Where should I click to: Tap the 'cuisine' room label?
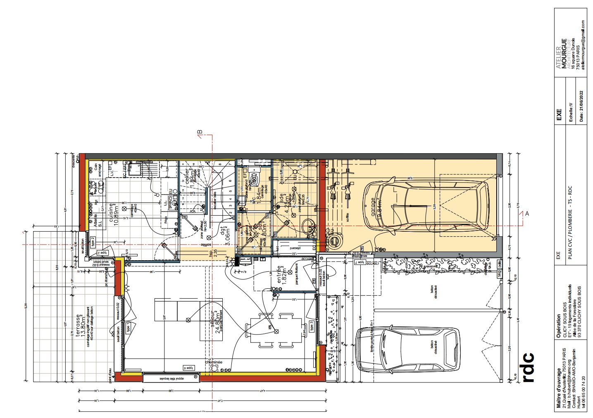coord(111,213)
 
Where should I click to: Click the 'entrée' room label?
coord(281,275)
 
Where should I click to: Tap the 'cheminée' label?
coord(214,362)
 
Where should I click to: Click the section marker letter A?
coord(527,213)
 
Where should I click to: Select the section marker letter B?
coord(200,132)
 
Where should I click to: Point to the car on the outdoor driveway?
coord(407,350)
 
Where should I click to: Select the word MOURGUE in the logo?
coord(564,53)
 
